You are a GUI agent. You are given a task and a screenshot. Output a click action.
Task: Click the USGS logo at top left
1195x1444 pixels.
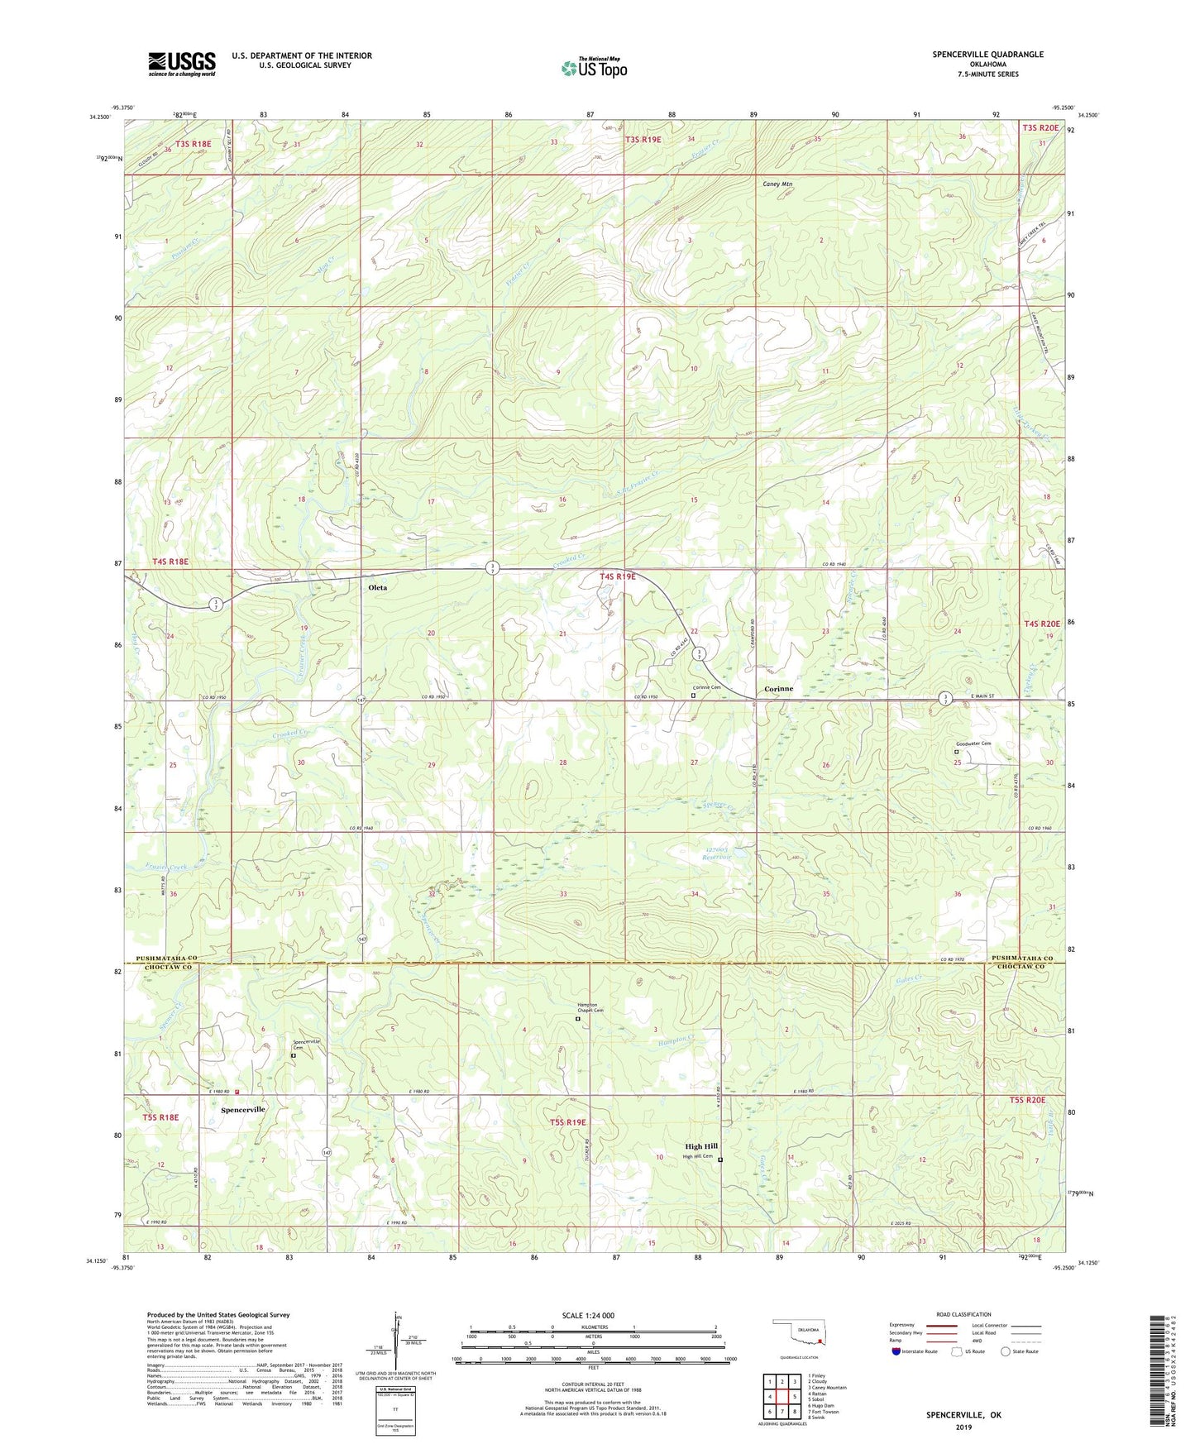[182, 64]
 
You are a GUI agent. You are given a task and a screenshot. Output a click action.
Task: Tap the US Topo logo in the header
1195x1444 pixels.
[593, 68]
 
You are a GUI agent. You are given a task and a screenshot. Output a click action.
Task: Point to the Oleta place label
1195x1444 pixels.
[377, 588]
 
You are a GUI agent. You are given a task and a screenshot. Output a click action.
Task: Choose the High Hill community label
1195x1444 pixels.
[700, 1146]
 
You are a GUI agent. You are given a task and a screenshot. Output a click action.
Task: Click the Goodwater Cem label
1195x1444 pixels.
[973, 744]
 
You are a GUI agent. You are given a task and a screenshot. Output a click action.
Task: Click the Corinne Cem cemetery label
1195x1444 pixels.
[706, 687]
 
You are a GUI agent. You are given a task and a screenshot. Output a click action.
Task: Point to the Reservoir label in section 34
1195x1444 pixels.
[716, 858]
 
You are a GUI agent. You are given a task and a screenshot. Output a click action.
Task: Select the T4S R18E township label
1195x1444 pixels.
[170, 562]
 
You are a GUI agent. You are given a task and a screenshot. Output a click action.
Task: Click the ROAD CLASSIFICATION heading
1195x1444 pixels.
[963, 1314]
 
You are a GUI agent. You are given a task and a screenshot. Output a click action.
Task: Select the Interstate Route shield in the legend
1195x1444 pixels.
[896, 1351]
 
